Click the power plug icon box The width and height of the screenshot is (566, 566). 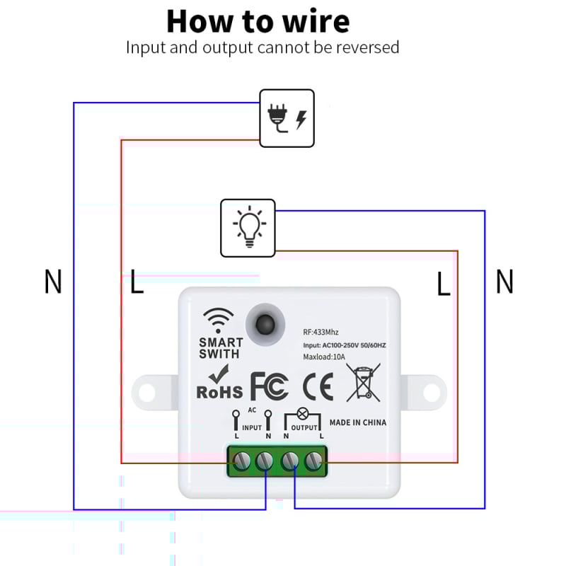tap(287, 118)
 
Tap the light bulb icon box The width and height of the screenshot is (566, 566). tap(248, 228)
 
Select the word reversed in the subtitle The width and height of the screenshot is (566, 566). tap(368, 47)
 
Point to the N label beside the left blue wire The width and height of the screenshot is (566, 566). tap(53, 282)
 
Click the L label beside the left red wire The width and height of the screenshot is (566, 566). tap(137, 282)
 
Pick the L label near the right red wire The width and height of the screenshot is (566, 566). tap(443, 284)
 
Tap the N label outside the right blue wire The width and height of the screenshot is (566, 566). tap(504, 282)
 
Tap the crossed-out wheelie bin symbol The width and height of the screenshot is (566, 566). tap(363, 382)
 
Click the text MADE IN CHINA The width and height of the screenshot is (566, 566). tap(358, 422)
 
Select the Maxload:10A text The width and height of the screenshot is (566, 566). tap(325, 357)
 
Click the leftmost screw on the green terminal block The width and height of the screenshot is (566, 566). tap(242, 461)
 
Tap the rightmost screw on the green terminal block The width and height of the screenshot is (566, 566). tap(313, 461)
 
